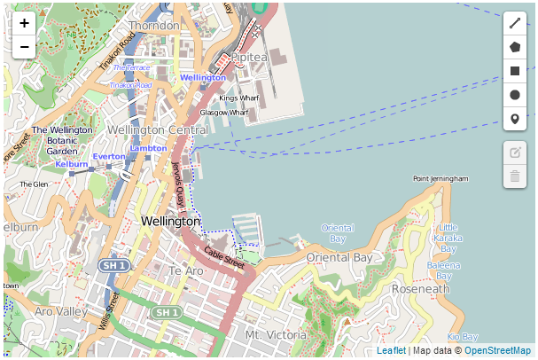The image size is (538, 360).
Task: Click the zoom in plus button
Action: coord(24,23)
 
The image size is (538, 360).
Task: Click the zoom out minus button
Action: coord(24,47)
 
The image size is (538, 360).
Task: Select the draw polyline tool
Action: coord(515,24)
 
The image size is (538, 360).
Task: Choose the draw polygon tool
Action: coord(515,47)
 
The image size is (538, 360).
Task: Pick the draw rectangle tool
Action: coord(515,71)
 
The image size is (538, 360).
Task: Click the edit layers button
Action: coord(515,153)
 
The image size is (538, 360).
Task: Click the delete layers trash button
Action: coord(515,176)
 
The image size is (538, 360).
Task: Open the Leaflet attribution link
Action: coord(391,351)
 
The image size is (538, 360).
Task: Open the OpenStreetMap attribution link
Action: coord(497,351)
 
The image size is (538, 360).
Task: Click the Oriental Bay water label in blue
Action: coord(337,233)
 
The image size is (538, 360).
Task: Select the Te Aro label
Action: coord(186,270)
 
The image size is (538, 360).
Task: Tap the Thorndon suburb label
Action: coord(154,26)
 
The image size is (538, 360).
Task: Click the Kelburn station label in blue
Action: coord(71,164)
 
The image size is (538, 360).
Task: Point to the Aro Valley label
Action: coord(61,311)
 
